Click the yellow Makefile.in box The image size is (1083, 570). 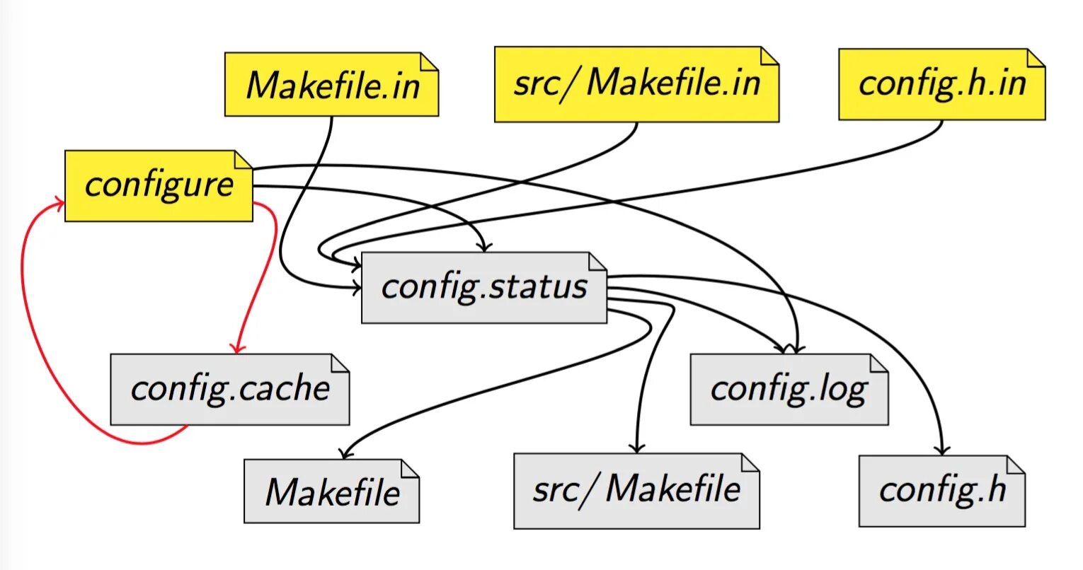pyautogui.click(x=331, y=84)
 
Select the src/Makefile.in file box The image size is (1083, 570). pyautogui.click(x=636, y=84)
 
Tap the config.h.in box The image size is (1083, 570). pyautogui.click(x=941, y=84)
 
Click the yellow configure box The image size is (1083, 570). pyautogui.click(x=159, y=185)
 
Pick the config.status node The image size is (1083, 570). pyautogui.click(x=483, y=288)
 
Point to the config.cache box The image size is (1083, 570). pyautogui.click(x=229, y=389)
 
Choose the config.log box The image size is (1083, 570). pyautogui.click(x=789, y=389)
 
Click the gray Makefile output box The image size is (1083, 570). pyautogui.click(x=331, y=492)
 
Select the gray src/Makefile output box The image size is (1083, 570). pyautogui.click(x=636, y=491)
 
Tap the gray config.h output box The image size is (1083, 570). pyautogui.click(x=941, y=491)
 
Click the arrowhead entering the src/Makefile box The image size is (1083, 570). pyautogui.click(x=636, y=448)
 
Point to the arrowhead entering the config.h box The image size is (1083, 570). pyautogui.click(x=941, y=451)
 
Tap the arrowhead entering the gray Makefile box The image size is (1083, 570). pyautogui.click(x=345, y=454)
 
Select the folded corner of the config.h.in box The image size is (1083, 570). pyautogui.click(x=1036, y=57)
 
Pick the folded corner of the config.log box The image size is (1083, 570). pyautogui.click(x=880, y=362)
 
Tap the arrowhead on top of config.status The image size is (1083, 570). pyautogui.click(x=485, y=247)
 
